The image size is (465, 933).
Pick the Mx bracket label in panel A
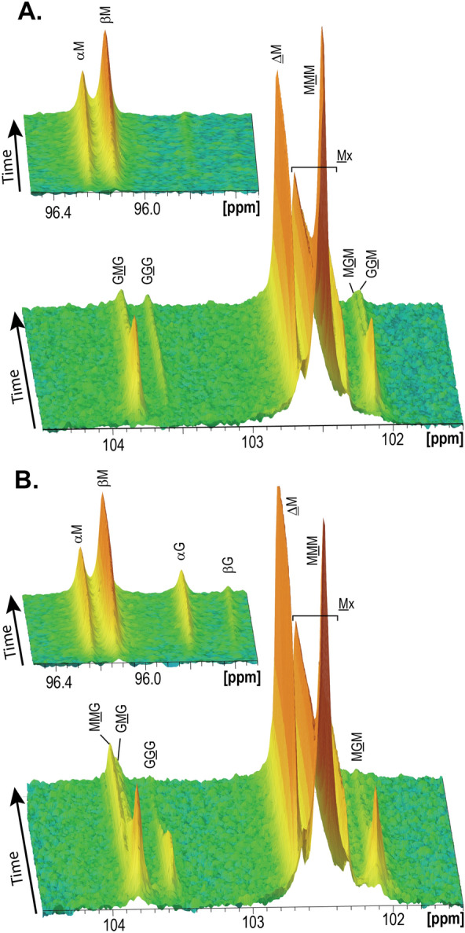click(x=344, y=156)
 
